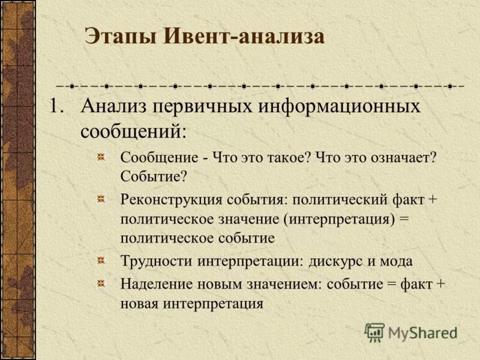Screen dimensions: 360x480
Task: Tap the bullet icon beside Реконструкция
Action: pyautogui.click(x=102, y=199)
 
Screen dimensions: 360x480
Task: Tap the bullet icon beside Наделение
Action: pyautogui.click(x=102, y=283)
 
